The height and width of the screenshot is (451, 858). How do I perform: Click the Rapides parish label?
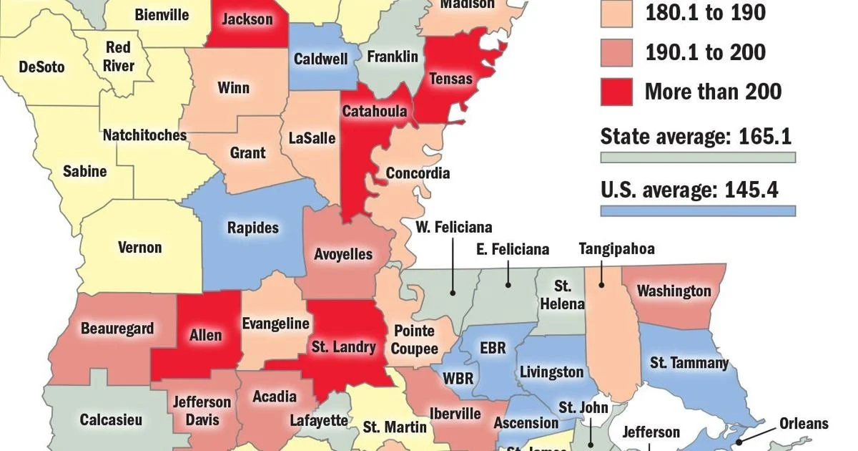point(252,228)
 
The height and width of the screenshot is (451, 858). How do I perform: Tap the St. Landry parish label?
point(343,347)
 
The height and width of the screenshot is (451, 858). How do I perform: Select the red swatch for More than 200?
point(617,92)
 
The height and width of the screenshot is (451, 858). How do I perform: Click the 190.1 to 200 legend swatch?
point(617,52)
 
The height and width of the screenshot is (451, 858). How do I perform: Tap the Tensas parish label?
point(450,78)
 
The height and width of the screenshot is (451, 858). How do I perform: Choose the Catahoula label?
point(374,111)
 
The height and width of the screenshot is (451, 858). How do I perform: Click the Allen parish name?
point(205,335)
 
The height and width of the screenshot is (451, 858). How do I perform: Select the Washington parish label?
point(674,291)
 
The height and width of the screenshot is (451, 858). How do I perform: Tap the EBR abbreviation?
point(493,348)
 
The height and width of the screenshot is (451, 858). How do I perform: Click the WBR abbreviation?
point(458,377)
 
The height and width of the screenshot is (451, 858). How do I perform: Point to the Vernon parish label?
point(139,248)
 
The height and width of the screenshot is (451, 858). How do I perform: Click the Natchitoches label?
point(144,135)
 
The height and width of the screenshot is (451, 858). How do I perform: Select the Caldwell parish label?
point(321,59)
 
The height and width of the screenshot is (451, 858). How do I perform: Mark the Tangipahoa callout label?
point(616,249)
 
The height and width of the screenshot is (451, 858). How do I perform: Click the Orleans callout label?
point(803,423)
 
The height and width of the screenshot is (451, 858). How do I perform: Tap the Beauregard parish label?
point(117,329)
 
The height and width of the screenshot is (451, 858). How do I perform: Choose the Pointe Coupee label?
point(414,340)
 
